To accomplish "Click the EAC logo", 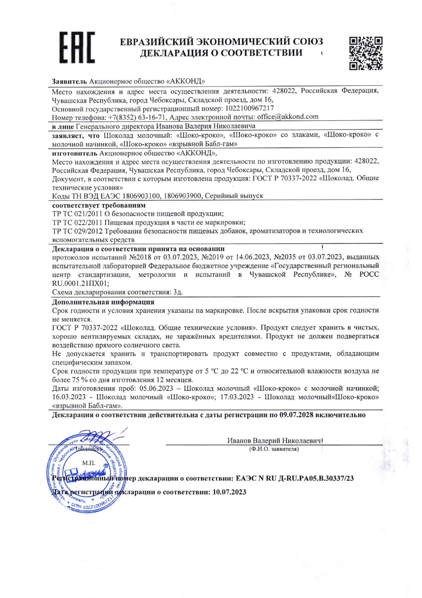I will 77,47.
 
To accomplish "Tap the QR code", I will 366,53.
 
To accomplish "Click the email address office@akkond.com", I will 288,117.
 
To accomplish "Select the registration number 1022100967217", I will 249,108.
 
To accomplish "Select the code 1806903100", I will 141,196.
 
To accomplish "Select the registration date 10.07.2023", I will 229,492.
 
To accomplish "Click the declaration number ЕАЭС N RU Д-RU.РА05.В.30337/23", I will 295,478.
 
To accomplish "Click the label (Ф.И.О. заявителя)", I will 274,449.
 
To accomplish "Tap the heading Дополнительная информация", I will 103,302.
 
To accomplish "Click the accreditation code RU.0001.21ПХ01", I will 81,284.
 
